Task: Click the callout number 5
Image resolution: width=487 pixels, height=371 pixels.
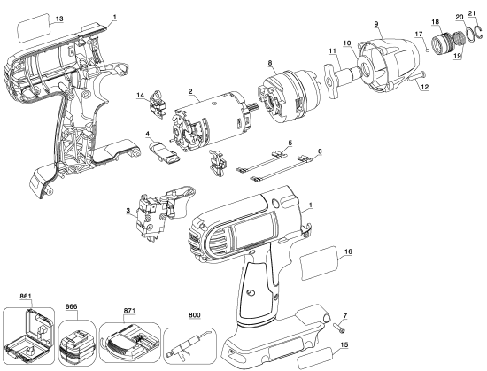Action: (x=290, y=142)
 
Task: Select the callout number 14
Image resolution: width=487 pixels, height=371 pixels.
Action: (x=141, y=94)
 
